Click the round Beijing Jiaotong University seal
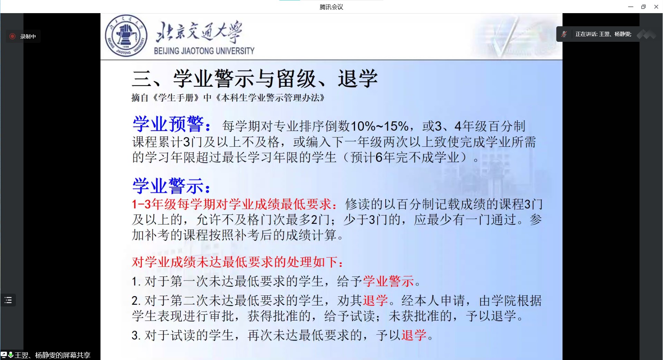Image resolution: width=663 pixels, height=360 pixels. [126, 36]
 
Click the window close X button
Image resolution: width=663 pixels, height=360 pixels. [656, 7]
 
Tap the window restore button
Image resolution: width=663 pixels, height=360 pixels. [643, 7]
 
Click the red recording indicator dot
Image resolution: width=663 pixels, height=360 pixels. [12, 36]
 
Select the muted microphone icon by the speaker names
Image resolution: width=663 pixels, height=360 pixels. [564, 34]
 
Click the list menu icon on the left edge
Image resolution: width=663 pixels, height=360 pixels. [8, 300]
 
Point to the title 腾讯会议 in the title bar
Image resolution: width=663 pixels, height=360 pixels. [331, 7]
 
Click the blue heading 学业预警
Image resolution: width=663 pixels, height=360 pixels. [168, 124]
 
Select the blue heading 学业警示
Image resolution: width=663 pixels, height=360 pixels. [168, 186]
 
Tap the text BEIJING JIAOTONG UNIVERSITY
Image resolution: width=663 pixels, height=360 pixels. [204, 51]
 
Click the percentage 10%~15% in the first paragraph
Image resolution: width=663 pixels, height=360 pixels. [379, 126]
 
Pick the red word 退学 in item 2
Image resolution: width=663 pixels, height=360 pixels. [375, 300]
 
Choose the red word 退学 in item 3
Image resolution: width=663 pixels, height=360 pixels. [414, 335]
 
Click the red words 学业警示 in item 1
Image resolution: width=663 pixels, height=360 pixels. [388, 281]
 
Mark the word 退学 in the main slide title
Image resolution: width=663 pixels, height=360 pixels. [358, 78]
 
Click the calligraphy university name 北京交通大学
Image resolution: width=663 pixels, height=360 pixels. [199, 32]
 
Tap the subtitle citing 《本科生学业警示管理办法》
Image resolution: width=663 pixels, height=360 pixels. [228, 98]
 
